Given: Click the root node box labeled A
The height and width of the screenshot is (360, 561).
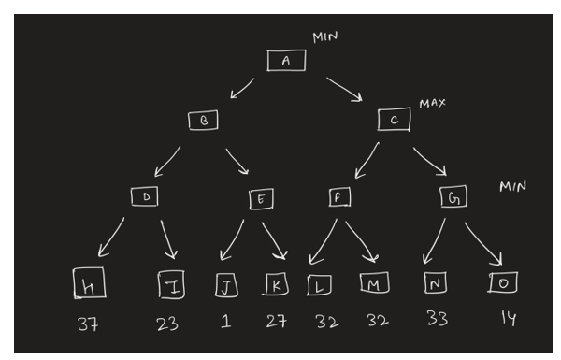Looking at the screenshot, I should click(x=286, y=60).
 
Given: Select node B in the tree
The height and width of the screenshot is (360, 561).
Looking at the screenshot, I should click(x=202, y=121).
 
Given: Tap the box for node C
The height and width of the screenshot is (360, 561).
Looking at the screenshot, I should click(x=394, y=120).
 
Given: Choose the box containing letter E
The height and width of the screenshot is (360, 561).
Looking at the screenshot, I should click(x=261, y=198).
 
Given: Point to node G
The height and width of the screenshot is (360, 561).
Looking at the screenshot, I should click(x=453, y=197).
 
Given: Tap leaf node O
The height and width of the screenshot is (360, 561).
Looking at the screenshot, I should click(x=501, y=281).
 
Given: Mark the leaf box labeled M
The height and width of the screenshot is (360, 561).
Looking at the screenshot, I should click(x=372, y=281).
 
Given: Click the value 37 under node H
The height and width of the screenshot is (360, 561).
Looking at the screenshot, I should click(x=89, y=326).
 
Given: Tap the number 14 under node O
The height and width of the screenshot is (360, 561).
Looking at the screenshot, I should click(x=506, y=320).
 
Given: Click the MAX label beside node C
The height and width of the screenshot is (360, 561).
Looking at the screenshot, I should click(x=431, y=102).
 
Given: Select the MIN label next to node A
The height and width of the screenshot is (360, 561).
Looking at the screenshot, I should click(x=324, y=36).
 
